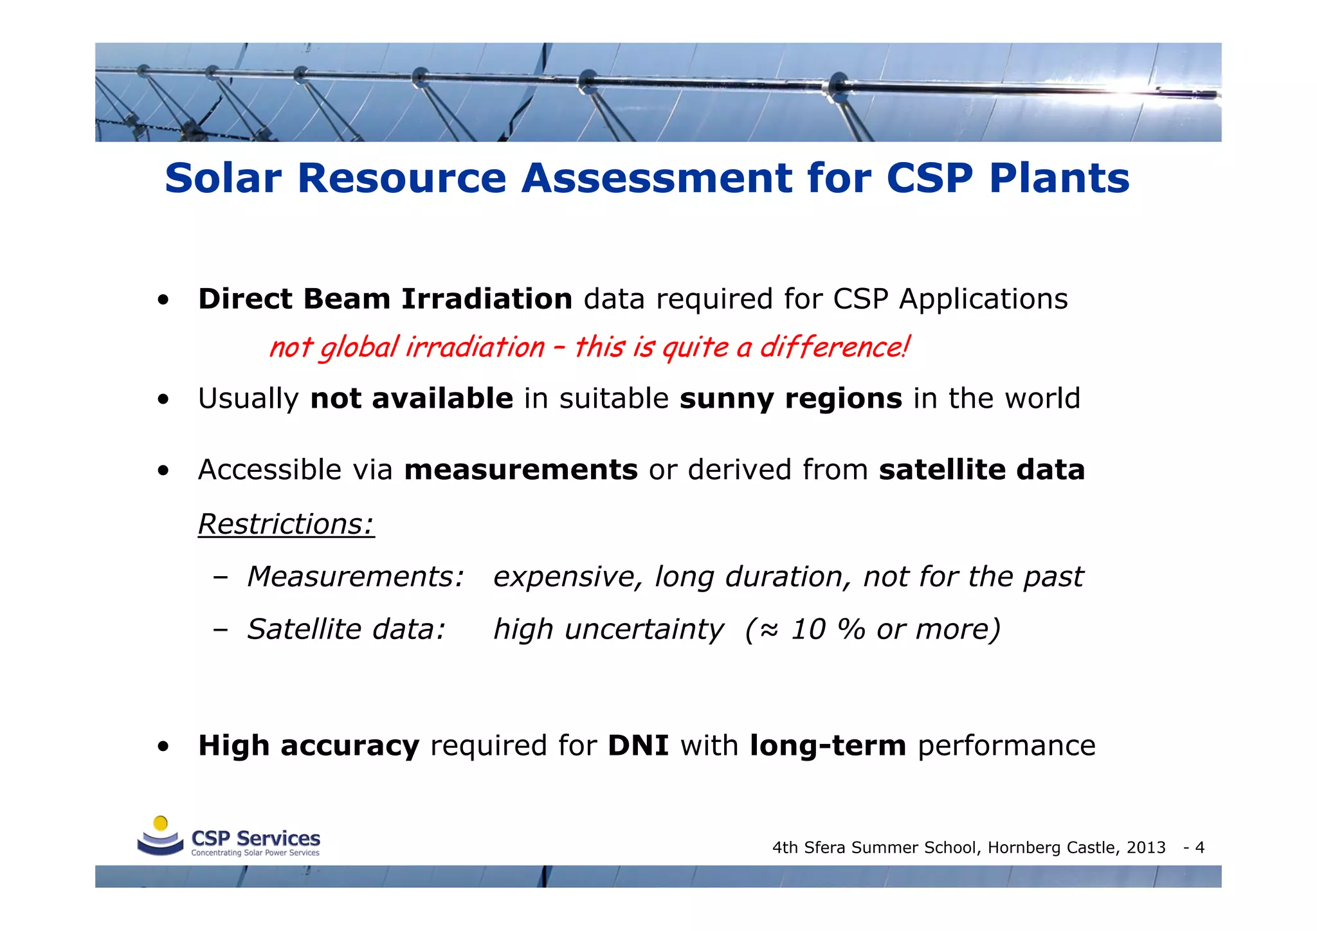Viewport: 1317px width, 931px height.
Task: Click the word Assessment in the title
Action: click(657, 178)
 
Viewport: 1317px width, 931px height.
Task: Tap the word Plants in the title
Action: click(1058, 178)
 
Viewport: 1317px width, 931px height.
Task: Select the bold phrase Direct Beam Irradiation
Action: click(385, 299)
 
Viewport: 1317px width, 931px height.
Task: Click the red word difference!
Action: click(834, 347)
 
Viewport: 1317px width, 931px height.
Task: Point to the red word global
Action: click(359, 348)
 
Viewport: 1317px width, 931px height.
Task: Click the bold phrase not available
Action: click(412, 399)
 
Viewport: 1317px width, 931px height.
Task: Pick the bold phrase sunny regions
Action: click(791, 399)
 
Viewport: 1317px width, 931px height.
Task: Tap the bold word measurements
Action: click(521, 470)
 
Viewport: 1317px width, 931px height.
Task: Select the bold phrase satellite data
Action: click(982, 470)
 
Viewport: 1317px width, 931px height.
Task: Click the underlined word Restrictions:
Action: click(286, 524)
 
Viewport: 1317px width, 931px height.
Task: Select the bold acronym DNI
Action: click(638, 746)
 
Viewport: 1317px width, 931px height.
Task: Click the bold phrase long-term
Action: click(828, 746)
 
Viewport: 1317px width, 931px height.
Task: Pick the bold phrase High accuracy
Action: click(309, 746)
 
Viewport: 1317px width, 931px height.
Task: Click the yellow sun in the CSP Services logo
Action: click(161, 824)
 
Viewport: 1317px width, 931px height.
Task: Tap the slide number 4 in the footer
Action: click(1199, 848)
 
